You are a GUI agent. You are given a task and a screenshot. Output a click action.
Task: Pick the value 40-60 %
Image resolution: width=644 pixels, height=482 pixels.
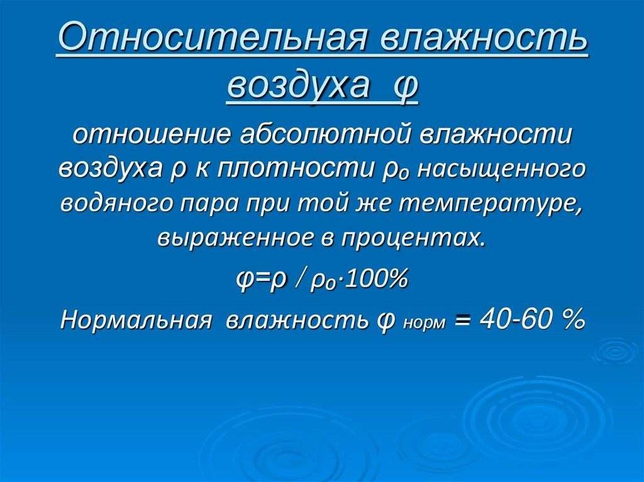tap(532, 319)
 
